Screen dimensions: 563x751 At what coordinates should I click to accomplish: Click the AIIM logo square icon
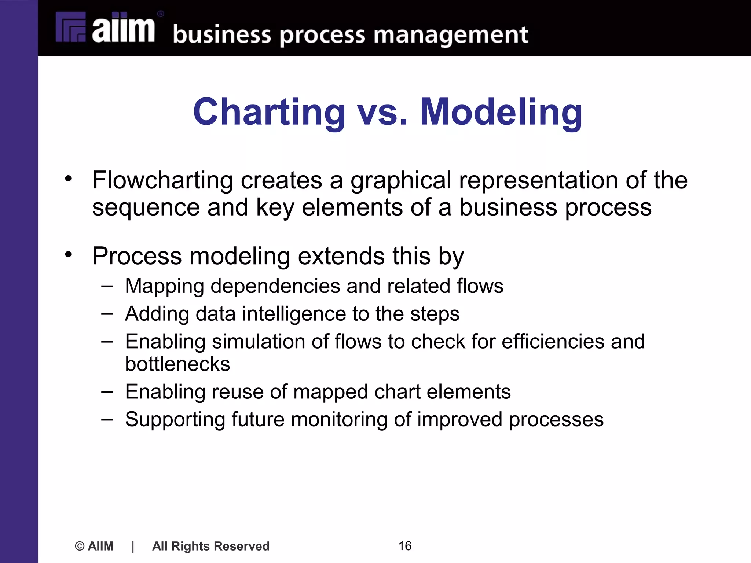(x=71, y=27)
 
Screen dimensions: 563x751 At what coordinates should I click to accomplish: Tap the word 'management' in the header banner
(x=451, y=36)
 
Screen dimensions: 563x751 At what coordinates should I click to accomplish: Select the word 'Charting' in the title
(x=269, y=112)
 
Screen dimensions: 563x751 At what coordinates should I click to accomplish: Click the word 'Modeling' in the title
(x=501, y=112)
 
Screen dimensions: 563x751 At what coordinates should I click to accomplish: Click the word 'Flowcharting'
(x=162, y=180)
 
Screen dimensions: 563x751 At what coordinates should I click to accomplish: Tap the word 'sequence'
(x=146, y=207)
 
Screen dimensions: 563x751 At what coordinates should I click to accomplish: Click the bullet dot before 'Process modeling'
(x=68, y=254)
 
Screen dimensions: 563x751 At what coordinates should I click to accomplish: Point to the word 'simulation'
(x=258, y=342)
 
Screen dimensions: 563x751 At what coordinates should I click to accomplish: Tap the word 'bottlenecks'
(x=177, y=364)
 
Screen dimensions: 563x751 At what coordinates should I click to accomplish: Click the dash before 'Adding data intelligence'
(x=107, y=314)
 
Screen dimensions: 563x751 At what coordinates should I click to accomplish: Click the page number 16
(x=405, y=546)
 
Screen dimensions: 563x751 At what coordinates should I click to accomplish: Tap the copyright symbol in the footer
(x=79, y=546)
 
